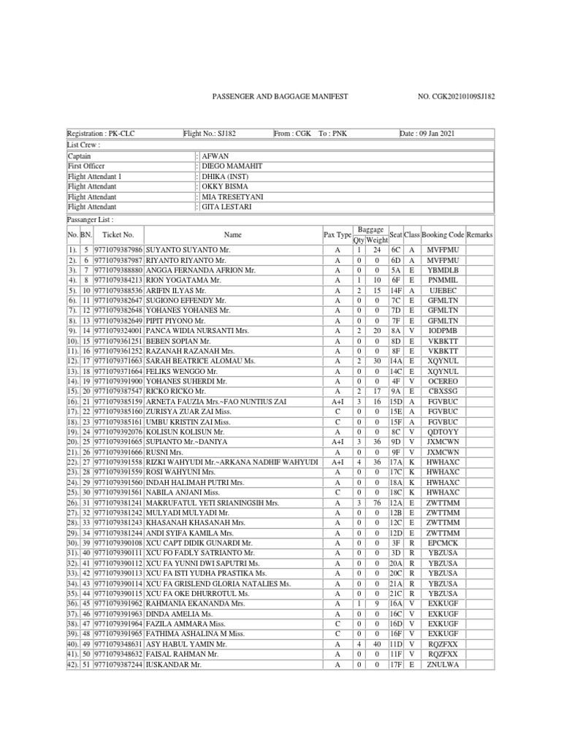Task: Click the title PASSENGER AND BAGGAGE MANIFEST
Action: coord(280,96)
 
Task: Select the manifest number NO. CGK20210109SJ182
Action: coord(455,96)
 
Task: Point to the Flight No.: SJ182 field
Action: coord(210,134)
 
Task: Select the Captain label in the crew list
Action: coord(80,156)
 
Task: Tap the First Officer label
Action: coord(87,167)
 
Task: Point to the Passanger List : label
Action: coord(90,219)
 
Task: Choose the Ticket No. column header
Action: coord(118,234)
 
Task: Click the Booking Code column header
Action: coord(443,234)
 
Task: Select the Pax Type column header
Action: coord(337,234)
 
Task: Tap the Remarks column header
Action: coord(480,234)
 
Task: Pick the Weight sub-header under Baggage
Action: coord(377,240)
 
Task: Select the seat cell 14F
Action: coord(395,290)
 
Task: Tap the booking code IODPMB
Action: coord(443,331)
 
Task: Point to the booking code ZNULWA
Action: coord(443,665)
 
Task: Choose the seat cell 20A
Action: coord(395,564)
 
